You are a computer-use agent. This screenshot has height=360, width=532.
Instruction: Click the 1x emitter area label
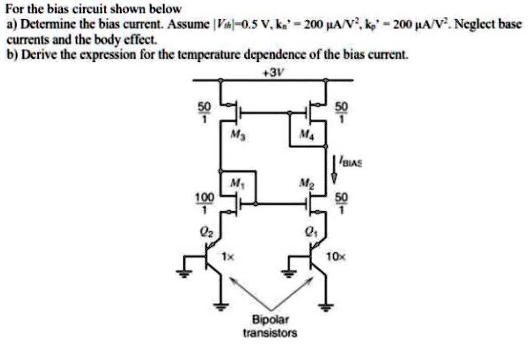click(x=228, y=257)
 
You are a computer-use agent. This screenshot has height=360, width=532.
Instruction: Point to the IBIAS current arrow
click(x=334, y=169)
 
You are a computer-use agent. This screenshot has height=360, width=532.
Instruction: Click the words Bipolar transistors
click(x=270, y=326)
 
